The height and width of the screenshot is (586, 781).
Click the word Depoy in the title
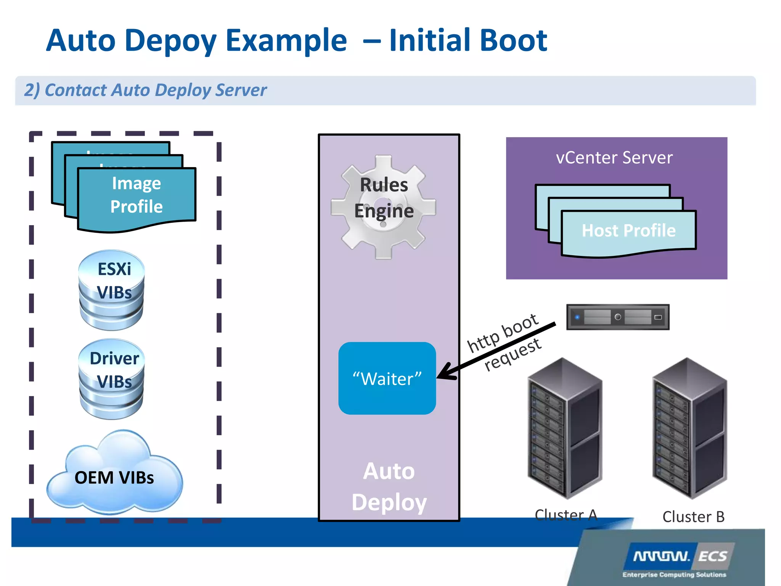coord(170,41)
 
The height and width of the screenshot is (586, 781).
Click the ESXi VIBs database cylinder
coord(112,290)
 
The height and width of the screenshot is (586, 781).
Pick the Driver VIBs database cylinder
coord(112,380)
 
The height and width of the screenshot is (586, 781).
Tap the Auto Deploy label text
coord(389,486)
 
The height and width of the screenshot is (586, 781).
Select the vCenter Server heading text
coord(614,158)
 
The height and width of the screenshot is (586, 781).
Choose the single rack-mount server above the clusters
coord(618,317)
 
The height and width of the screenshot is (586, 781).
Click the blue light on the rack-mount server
coord(577,317)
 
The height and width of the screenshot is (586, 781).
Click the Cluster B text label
coord(693,517)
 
